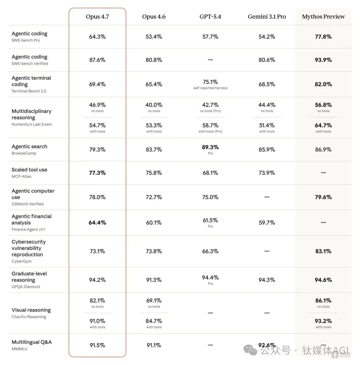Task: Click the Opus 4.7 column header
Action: (x=97, y=17)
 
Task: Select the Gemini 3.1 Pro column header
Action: (x=267, y=17)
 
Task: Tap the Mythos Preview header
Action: (x=323, y=17)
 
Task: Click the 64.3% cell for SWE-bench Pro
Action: (x=97, y=37)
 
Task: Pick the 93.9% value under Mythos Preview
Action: (x=323, y=60)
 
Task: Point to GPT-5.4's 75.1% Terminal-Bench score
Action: (x=210, y=82)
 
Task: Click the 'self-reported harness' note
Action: (x=210, y=88)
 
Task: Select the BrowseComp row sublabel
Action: (x=24, y=153)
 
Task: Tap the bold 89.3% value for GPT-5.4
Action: (x=210, y=147)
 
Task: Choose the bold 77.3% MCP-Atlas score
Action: (x=97, y=173)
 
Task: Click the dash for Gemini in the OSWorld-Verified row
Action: (x=267, y=197)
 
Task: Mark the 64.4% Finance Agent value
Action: (x=97, y=222)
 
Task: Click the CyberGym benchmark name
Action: (x=21, y=261)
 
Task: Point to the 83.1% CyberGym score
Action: (x=323, y=251)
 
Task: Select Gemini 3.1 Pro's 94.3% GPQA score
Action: (x=267, y=280)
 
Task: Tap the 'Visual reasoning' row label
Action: (x=31, y=310)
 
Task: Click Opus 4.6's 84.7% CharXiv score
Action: (x=154, y=321)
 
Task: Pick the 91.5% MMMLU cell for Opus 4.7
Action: (x=97, y=345)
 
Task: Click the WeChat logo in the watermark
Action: (x=250, y=350)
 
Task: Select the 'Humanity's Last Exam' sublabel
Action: (x=32, y=124)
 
